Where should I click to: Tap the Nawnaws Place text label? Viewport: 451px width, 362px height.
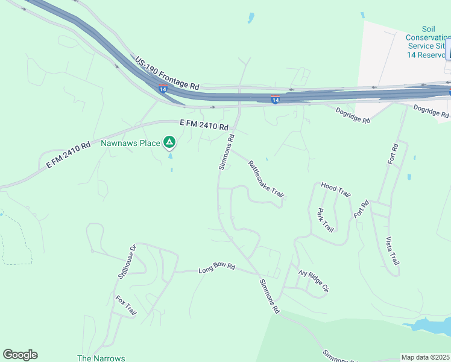tap(130, 143)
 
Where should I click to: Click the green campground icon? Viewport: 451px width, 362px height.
tap(170, 142)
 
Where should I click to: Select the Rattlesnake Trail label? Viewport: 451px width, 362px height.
tap(266, 178)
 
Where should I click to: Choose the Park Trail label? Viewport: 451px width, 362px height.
tap(325, 220)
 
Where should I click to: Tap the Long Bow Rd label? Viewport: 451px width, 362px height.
tap(216, 268)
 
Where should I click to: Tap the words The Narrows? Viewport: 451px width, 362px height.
tap(101, 358)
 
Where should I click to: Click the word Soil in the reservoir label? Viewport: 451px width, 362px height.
tap(429, 29)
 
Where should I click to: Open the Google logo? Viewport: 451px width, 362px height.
tap(20, 355)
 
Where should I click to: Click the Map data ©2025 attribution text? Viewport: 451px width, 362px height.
tap(424, 357)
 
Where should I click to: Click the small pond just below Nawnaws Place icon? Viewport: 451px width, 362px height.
tap(170, 156)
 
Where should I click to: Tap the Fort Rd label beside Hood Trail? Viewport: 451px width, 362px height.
tap(361, 209)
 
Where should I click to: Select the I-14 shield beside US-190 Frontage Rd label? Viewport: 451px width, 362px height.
tap(163, 89)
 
